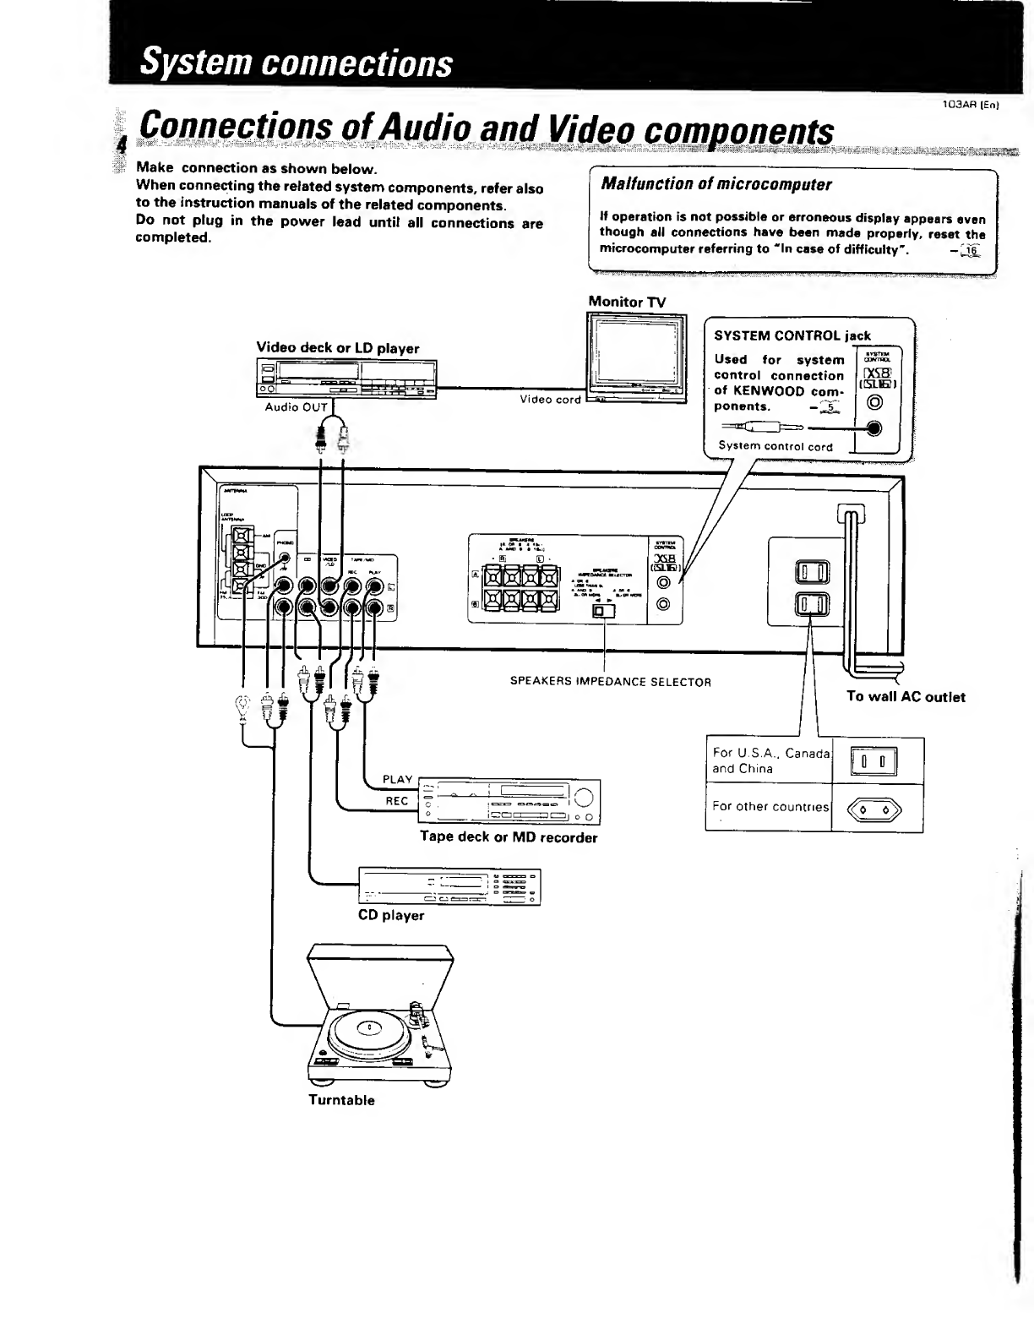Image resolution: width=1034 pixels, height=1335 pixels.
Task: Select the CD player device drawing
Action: pyautogui.click(x=449, y=886)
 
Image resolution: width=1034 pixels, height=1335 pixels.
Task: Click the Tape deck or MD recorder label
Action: pyautogui.click(x=509, y=837)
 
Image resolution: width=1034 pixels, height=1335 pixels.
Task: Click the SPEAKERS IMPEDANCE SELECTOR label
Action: pyautogui.click(x=610, y=682)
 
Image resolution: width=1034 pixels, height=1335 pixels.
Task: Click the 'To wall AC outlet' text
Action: pyautogui.click(x=906, y=697)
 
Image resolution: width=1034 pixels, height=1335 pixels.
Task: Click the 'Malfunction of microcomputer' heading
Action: pyautogui.click(x=716, y=184)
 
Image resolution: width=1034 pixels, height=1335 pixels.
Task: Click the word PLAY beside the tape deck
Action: pyautogui.click(x=397, y=779)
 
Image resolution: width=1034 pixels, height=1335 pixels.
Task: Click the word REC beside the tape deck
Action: pyautogui.click(x=397, y=801)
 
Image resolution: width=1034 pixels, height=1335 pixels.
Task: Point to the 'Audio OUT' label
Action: pyautogui.click(x=296, y=407)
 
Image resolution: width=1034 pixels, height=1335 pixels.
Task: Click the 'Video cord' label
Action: pyautogui.click(x=550, y=399)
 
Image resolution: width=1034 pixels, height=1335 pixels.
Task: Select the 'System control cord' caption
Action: pyautogui.click(x=775, y=446)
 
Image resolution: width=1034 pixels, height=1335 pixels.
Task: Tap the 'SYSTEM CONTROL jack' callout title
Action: pyautogui.click(x=792, y=335)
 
